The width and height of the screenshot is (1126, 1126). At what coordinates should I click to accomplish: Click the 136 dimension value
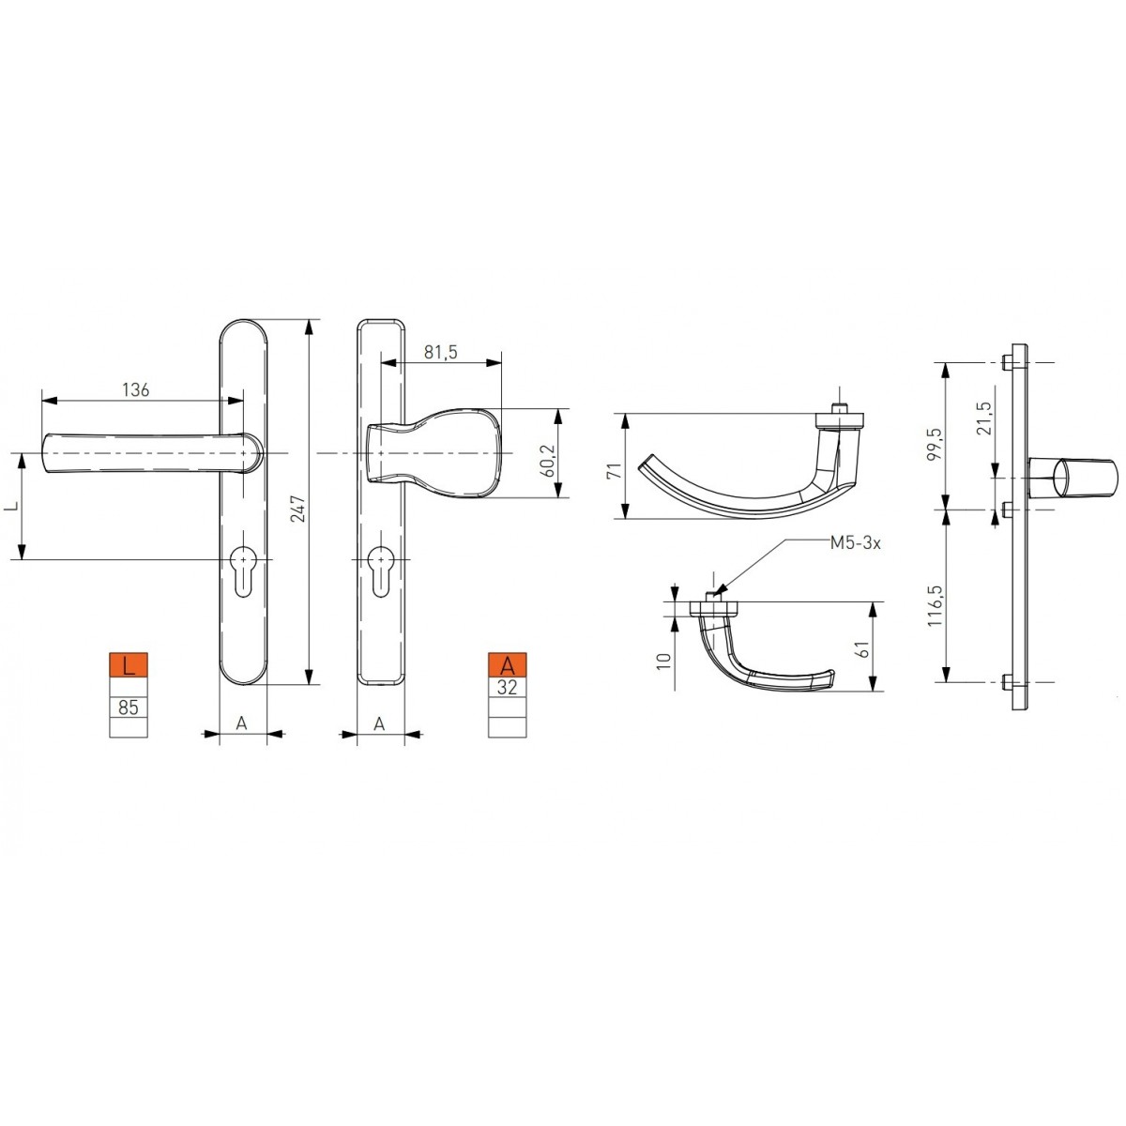tap(136, 389)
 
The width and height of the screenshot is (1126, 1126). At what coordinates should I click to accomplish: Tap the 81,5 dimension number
tap(440, 352)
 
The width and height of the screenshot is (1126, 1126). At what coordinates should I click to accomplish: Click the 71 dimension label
tap(616, 469)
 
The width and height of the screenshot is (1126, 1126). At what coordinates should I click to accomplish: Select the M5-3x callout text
tap(856, 543)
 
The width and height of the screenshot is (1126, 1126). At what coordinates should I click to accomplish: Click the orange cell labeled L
tap(129, 666)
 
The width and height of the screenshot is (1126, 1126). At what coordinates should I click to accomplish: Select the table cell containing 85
tap(129, 707)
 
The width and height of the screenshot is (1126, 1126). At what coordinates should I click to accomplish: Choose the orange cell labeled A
tap(508, 665)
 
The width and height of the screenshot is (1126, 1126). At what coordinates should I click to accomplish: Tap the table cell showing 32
tap(508, 686)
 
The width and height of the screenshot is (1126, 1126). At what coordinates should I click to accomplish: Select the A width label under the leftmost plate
tap(241, 723)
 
